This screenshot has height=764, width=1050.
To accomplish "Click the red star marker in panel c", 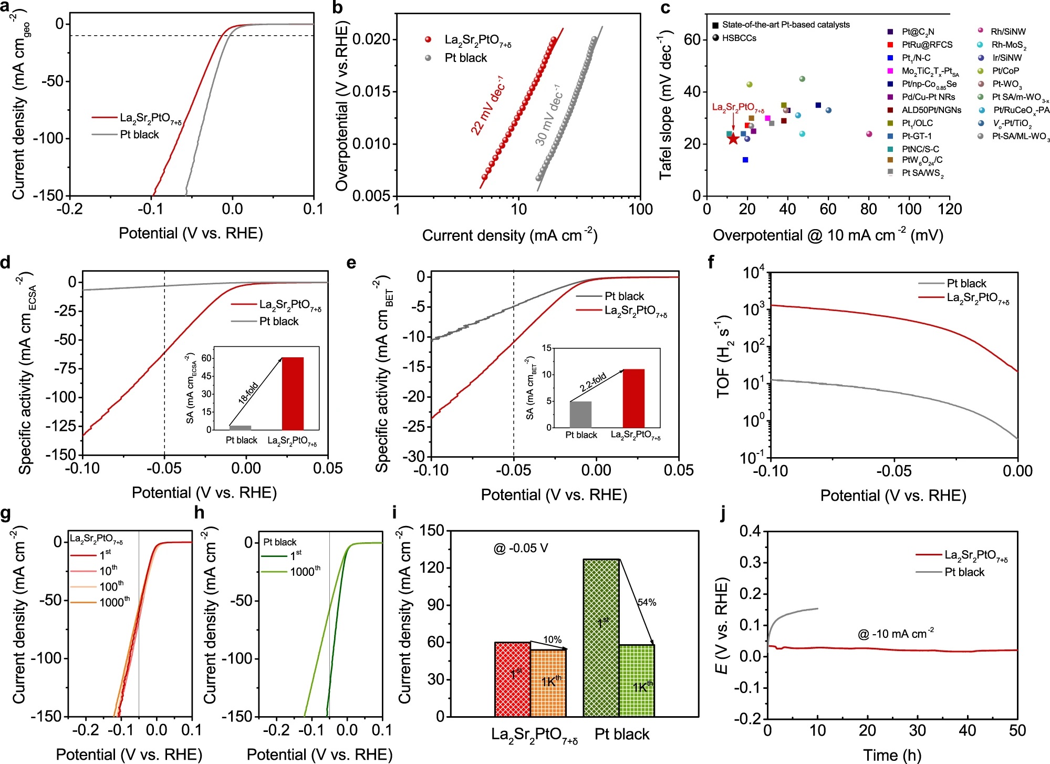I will (x=733, y=139).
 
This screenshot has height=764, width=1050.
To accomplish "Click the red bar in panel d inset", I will (x=293, y=394).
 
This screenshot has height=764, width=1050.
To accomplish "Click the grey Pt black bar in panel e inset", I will (x=580, y=415).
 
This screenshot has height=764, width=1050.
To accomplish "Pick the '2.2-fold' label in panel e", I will (x=593, y=382).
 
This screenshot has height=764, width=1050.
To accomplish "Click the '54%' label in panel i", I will (x=647, y=602).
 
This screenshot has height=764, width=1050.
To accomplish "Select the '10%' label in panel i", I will (x=552, y=639).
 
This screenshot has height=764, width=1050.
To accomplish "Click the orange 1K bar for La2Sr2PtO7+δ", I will (x=548, y=683).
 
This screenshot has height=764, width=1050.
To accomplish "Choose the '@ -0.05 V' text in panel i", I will (x=521, y=549).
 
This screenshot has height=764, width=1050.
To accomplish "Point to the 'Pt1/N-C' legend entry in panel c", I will (x=916, y=58).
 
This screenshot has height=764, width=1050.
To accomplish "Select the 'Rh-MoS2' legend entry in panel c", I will (x=1009, y=45).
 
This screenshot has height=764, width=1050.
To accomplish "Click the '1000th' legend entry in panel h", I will (x=305, y=571).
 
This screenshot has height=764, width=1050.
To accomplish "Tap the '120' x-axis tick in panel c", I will (x=949, y=209).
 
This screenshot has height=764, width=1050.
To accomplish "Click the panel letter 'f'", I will (x=711, y=262).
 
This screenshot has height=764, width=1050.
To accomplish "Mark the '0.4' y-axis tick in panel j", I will (x=750, y=531).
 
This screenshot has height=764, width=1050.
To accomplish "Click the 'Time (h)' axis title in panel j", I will (x=892, y=755).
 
